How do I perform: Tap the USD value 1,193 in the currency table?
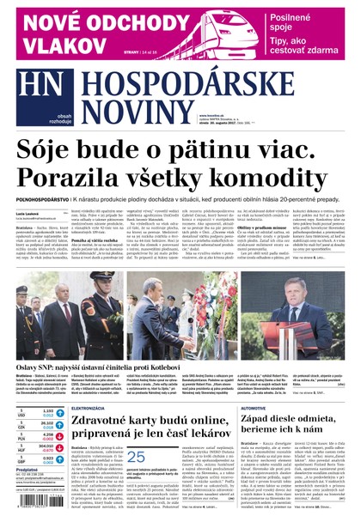(x=47, y=413)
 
